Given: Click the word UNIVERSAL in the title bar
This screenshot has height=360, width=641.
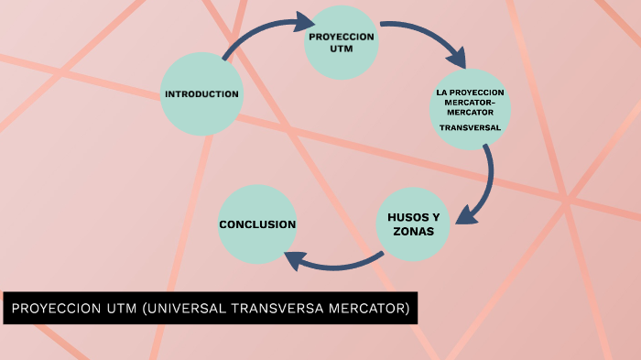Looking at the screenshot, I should [181, 309].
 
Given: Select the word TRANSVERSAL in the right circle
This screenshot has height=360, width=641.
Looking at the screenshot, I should [470, 127].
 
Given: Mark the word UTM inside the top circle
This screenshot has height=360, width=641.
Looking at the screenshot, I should [341, 48].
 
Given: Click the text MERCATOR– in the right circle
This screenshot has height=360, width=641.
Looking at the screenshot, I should [470, 103].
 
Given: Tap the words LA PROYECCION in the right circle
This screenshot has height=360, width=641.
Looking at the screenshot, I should [470, 93].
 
